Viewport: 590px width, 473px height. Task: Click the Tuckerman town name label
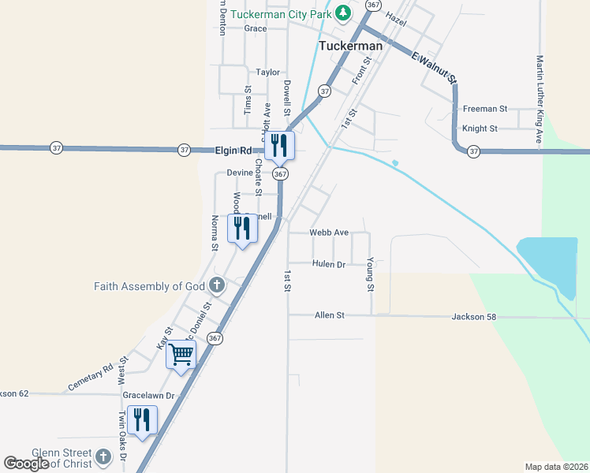click(x=350, y=46)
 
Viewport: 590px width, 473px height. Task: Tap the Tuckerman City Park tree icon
click(x=343, y=13)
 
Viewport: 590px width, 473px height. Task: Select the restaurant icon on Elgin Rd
click(x=278, y=145)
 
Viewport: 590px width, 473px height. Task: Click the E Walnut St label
click(x=435, y=67)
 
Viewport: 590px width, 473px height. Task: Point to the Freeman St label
click(x=485, y=109)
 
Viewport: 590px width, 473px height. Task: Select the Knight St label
click(x=480, y=128)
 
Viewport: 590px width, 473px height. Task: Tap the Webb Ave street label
click(x=329, y=233)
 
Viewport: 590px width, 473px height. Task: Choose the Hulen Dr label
click(x=329, y=264)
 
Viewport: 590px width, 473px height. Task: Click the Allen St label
click(x=330, y=315)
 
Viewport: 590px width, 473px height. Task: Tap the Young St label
click(x=370, y=272)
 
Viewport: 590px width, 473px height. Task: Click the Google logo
click(x=26, y=464)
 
